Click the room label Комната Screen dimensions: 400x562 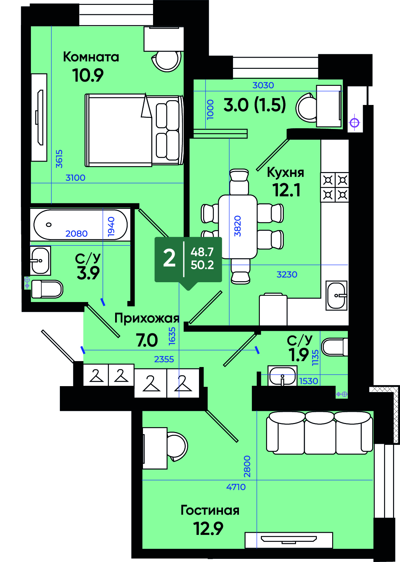click(x=91, y=57)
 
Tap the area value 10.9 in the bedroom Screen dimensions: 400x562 click(x=88, y=75)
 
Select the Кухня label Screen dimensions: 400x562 click(x=286, y=173)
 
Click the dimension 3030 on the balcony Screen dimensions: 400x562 click(x=263, y=85)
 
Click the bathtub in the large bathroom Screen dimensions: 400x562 click(x=80, y=225)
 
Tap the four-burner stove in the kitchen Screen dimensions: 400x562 click(x=335, y=187)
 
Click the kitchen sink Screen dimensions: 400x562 click(x=336, y=295)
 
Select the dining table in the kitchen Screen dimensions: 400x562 click(x=238, y=227)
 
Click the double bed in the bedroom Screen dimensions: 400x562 click(x=134, y=130)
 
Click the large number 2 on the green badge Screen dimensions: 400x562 click(x=169, y=259)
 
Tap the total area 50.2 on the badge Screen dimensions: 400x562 click(x=202, y=265)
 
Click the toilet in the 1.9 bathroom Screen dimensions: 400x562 click(x=335, y=347)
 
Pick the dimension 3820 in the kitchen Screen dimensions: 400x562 click(x=238, y=226)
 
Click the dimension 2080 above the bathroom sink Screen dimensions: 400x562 click(x=76, y=234)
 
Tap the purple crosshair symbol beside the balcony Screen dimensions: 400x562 click(x=354, y=123)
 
